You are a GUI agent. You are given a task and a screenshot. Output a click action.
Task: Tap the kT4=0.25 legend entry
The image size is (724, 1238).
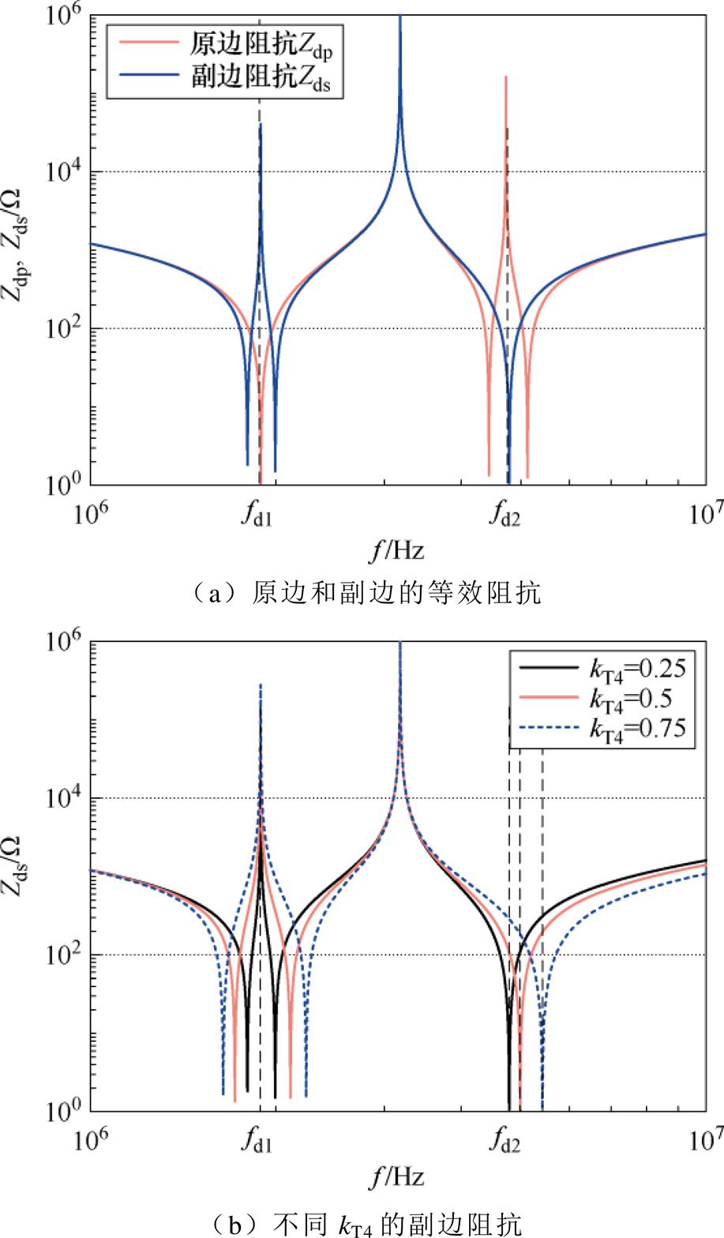(x=639, y=670)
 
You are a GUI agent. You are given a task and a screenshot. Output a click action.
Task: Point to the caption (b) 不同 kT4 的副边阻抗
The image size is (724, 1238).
(x=362, y=1223)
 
